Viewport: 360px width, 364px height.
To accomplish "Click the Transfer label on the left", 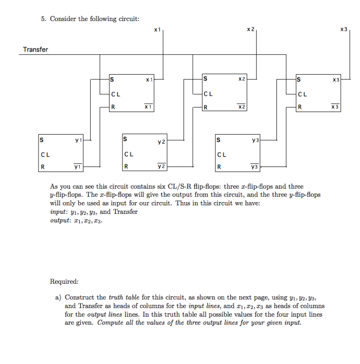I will click(36, 49).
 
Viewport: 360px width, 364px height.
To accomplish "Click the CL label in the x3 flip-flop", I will click(303, 93).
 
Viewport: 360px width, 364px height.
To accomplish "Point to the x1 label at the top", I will click(157, 29).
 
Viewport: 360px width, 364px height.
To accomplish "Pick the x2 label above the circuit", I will click(251, 29).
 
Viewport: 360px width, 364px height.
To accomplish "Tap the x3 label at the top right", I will click(344, 29).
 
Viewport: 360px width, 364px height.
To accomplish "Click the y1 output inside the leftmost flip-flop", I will click(78, 139).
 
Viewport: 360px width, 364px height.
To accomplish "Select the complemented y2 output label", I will click(161, 167).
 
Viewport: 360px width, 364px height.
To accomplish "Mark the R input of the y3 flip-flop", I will click(218, 167).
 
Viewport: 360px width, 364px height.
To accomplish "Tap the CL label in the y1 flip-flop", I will click(46, 153).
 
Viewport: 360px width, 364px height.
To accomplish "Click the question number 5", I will click(43, 19).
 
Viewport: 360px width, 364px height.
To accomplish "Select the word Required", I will click(64, 281).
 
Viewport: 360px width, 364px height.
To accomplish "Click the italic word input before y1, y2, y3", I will click(59, 212).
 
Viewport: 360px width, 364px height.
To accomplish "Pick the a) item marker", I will click(58, 297).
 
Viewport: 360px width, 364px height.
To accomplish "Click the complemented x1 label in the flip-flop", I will click(149, 107).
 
